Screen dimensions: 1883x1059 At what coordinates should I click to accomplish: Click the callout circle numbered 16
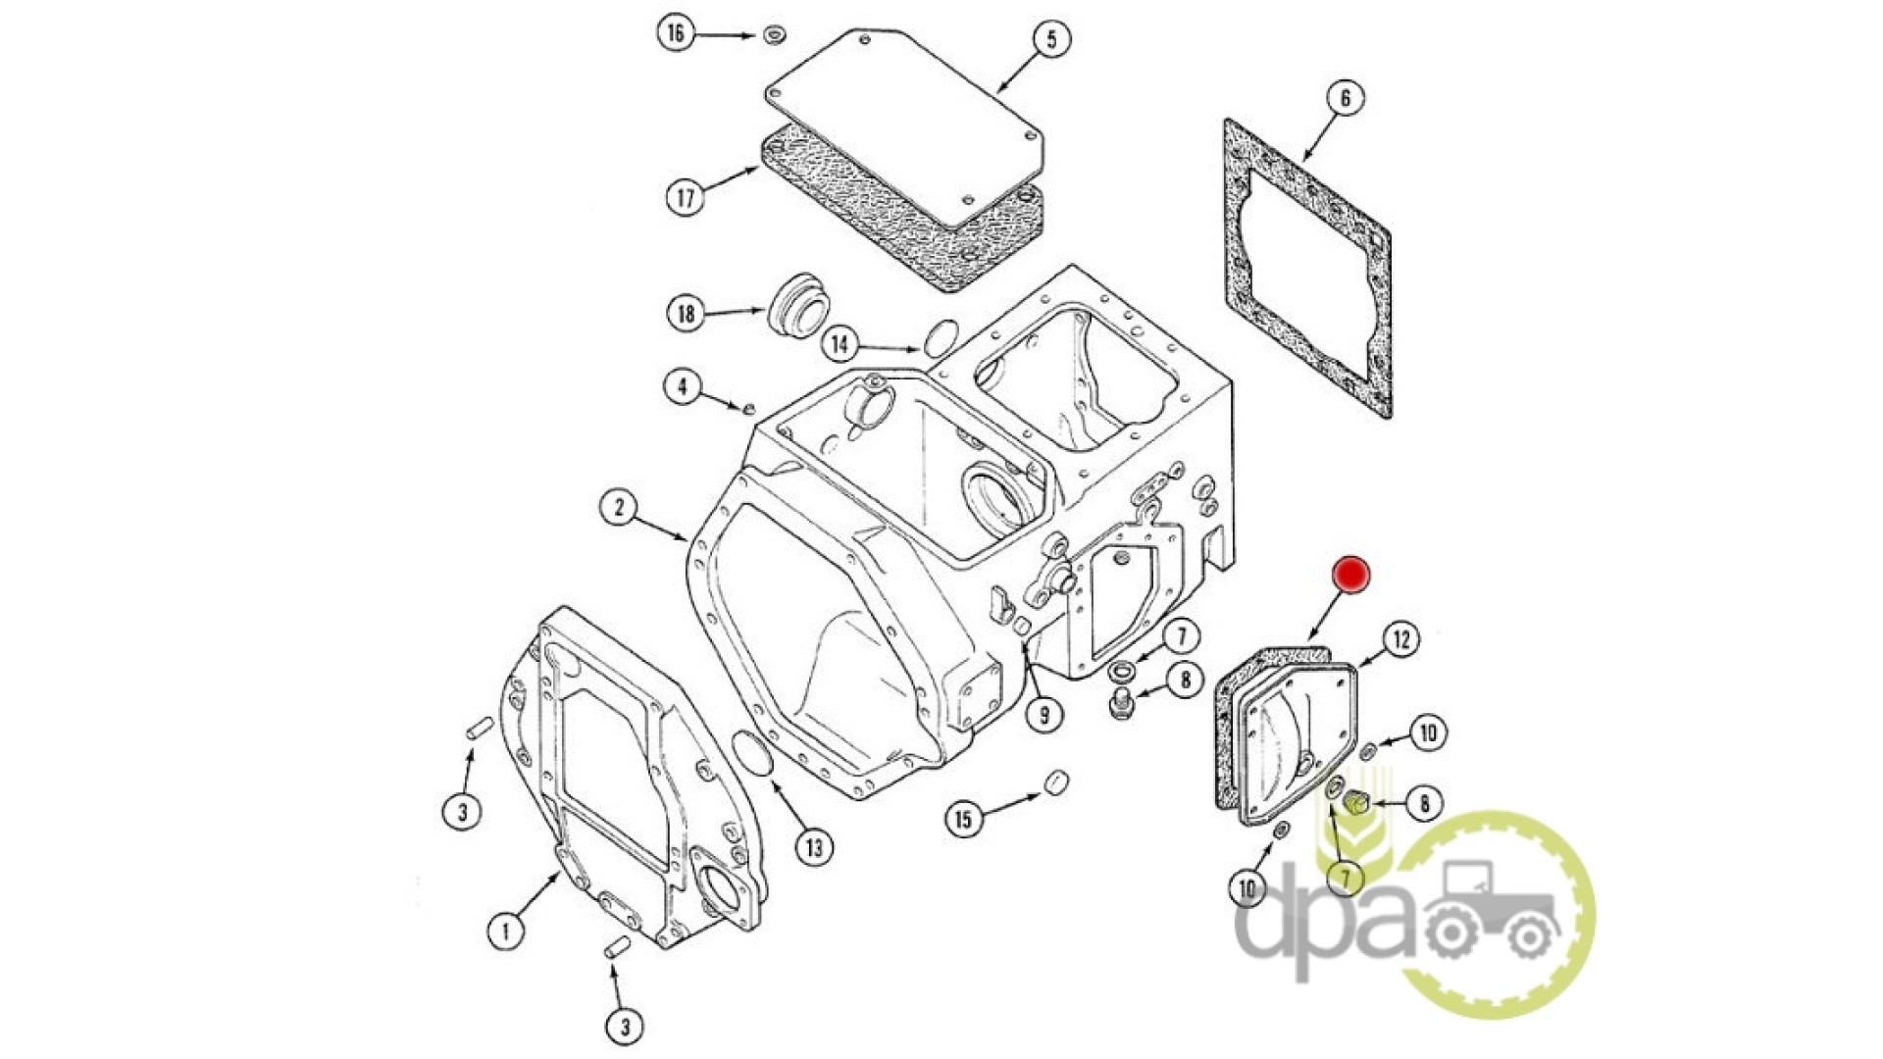coord(676,33)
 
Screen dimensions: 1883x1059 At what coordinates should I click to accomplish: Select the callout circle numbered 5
coord(1051,40)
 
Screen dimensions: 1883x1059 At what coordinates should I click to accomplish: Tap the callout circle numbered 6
coord(1345,98)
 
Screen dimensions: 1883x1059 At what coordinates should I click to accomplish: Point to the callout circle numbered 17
coord(686,197)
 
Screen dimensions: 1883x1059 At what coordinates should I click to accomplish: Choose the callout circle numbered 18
coord(686,314)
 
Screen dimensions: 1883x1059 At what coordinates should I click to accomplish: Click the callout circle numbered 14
coord(840,344)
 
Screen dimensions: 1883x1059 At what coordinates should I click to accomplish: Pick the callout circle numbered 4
coord(684,386)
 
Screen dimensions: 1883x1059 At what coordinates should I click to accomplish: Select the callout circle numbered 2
coord(619,508)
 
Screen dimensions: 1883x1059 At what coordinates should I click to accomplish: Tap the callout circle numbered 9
coord(1043,715)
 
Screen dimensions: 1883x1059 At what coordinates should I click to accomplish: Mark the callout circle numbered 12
coord(1401,640)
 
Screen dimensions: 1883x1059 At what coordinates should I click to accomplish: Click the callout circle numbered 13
coord(814,846)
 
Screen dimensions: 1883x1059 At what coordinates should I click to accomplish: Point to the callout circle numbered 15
coord(964,819)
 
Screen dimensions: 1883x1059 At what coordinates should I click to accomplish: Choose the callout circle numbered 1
coord(506,930)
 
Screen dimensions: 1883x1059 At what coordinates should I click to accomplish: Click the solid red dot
coord(1351,576)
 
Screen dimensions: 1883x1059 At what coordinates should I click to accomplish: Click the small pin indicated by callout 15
coord(1055,783)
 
